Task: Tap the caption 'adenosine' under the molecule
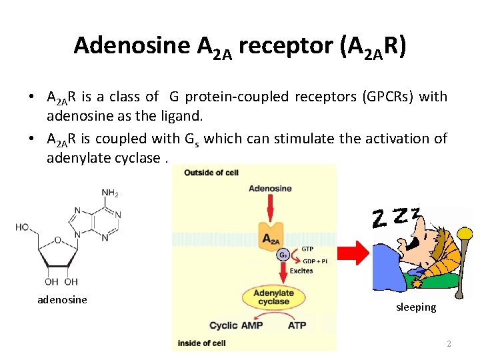pyautogui.click(x=62, y=299)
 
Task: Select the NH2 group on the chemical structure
pyautogui.click(x=110, y=193)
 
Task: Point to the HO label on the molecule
pyautogui.click(x=22, y=227)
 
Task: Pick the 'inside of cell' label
pyautogui.click(x=199, y=343)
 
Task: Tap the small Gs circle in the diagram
pyautogui.click(x=283, y=255)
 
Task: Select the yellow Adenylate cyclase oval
pyautogui.click(x=271, y=297)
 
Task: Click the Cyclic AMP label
pyautogui.click(x=236, y=325)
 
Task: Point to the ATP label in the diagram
pyautogui.click(x=297, y=325)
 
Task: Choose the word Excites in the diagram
pyautogui.click(x=301, y=271)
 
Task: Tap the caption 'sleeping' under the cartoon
pyautogui.click(x=416, y=307)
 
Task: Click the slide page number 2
pyautogui.click(x=449, y=344)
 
